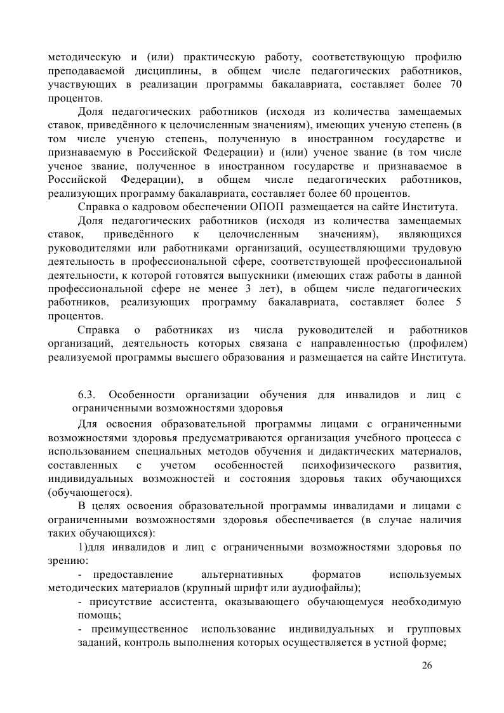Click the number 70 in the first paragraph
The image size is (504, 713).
[x=455, y=86]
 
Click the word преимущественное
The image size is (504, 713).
[x=140, y=629]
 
